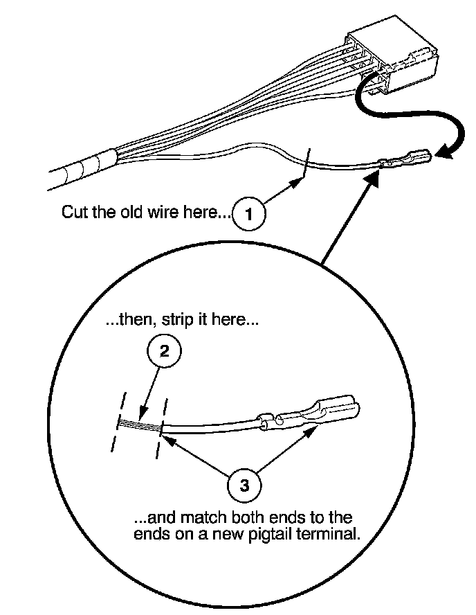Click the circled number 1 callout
click(249, 214)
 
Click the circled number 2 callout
click(164, 350)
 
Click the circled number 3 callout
click(244, 485)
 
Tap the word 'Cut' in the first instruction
click(75, 211)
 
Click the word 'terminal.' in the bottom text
click(329, 534)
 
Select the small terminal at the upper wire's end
click(405, 158)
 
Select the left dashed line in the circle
click(118, 422)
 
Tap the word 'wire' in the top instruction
click(164, 211)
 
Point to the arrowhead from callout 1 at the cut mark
click(297, 182)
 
